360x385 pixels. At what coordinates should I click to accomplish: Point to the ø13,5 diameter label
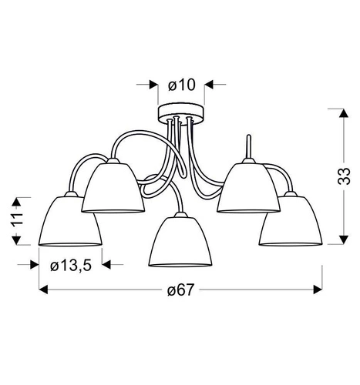pyautogui.click(x=70, y=265)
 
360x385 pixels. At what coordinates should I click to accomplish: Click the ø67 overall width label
pyautogui.click(x=180, y=290)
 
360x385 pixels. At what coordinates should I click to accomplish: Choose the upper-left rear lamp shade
pyautogui.click(x=115, y=188)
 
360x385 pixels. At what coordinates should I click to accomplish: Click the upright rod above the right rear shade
pyautogui.click(x=247, y=147)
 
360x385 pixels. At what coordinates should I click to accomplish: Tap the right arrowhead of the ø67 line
pyautogui.click(x=315, y=290)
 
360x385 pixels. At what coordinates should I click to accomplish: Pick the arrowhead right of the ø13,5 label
pyautogui.click(x=109, y=265)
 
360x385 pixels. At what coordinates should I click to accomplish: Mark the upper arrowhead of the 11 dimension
pyautogui.click(x=15, y=199)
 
